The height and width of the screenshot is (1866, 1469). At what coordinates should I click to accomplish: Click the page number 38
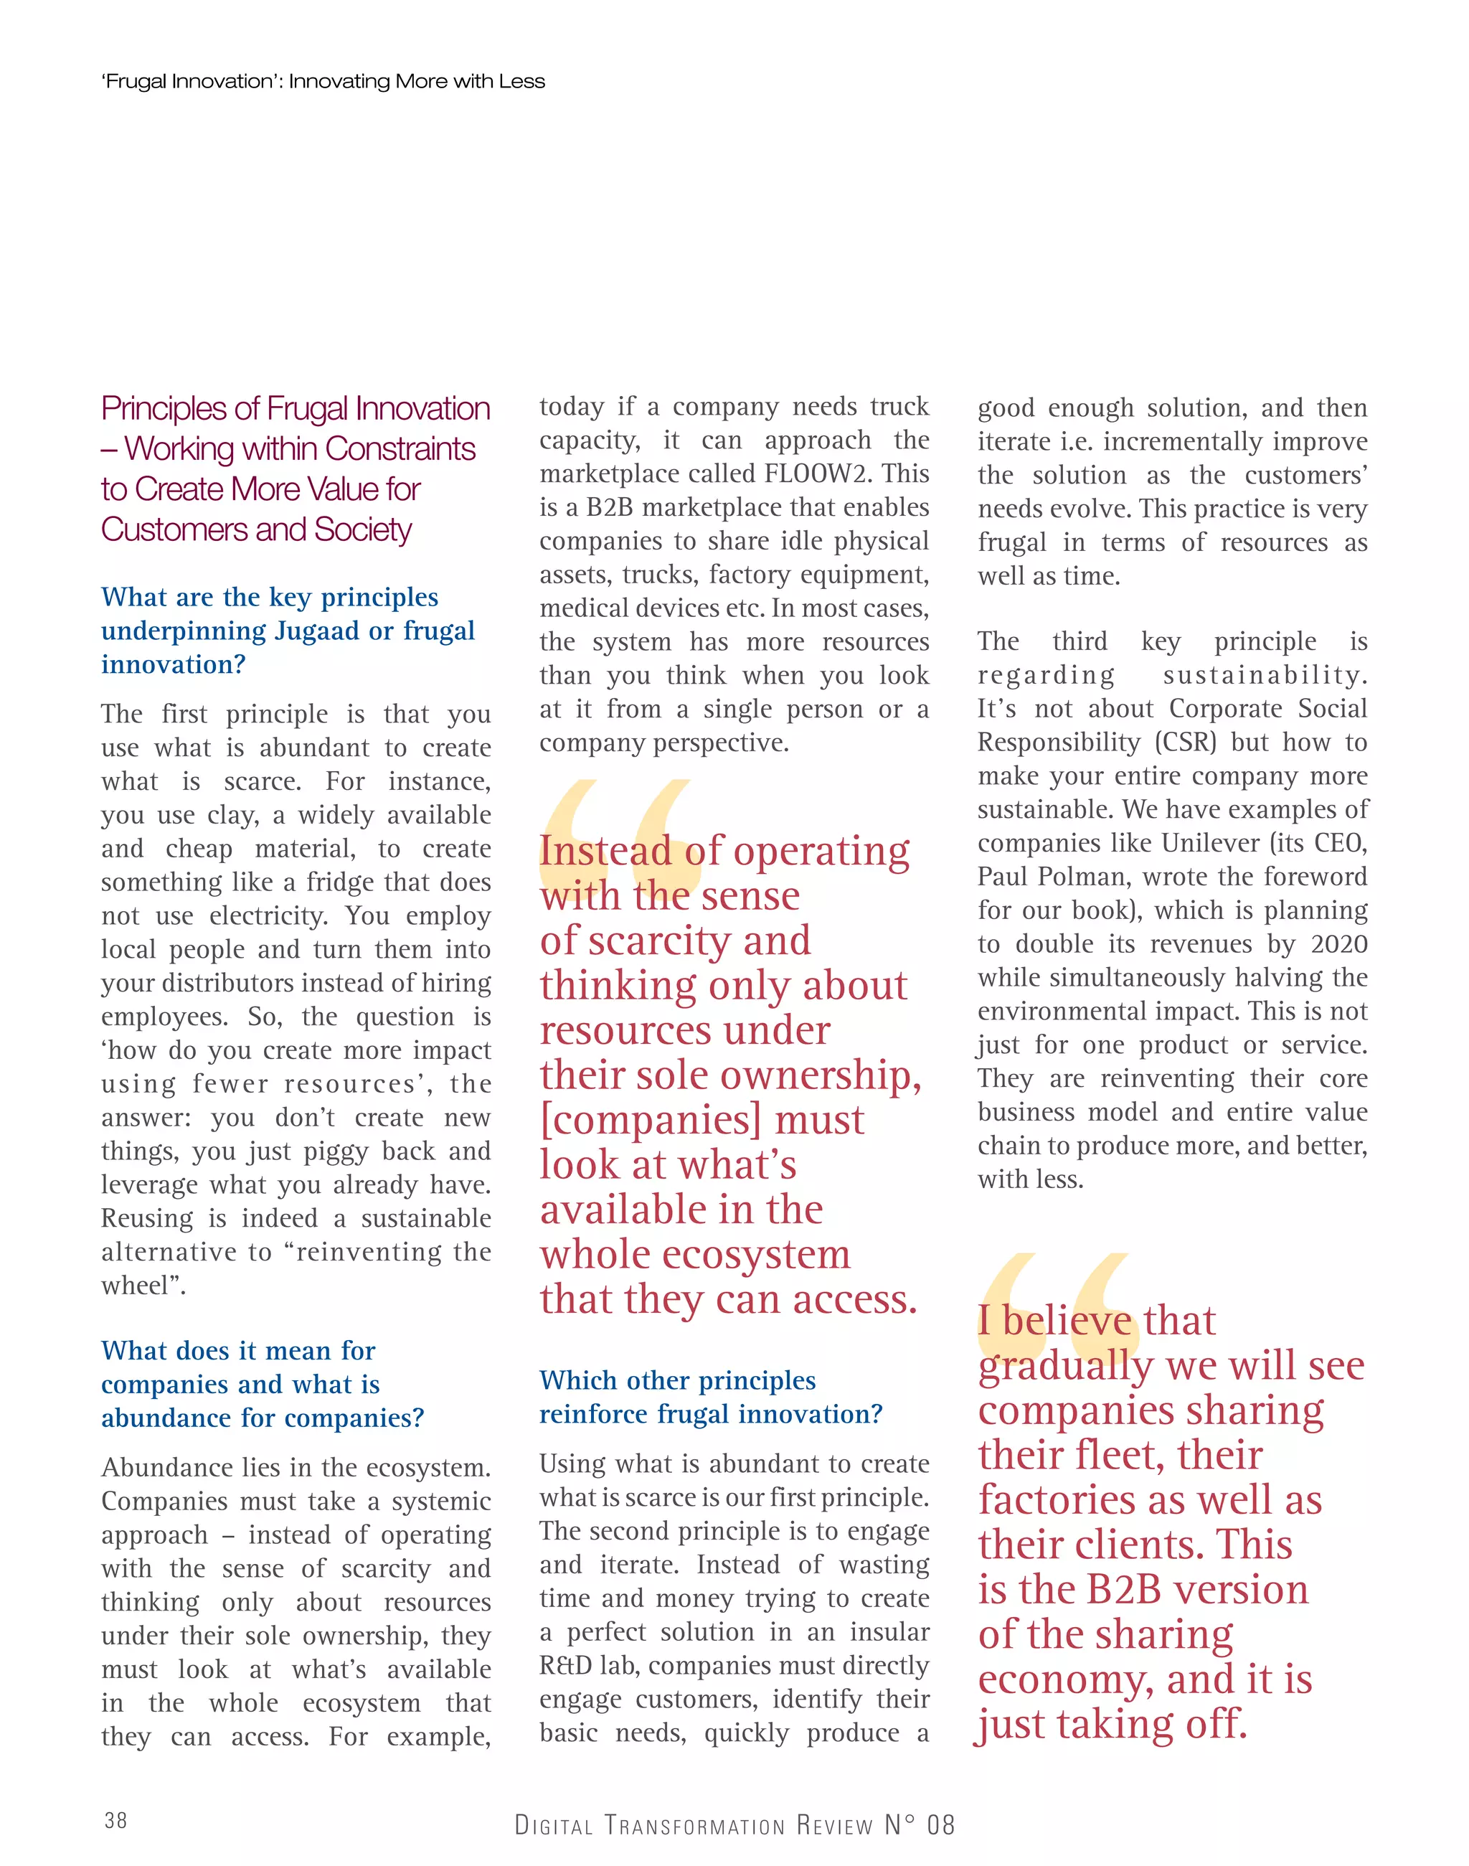pyautogui.click(x=115, y=1819)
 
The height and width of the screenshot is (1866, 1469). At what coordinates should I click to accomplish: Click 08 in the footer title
pyautogui.click(x=941, y=1824)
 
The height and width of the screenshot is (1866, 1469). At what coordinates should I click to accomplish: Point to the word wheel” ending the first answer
pyautogui.click(x=141, y=1286)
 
